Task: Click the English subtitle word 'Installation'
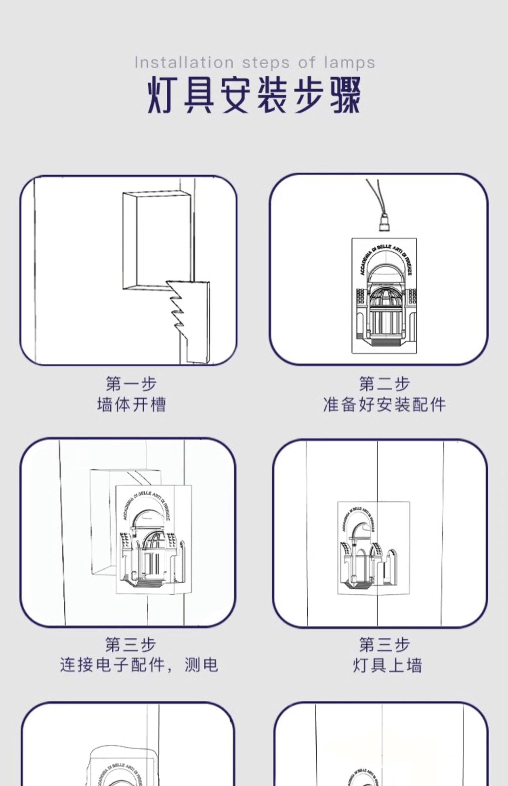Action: click(x=184, y=63)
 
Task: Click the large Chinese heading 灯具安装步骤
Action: click(x=254, y=95)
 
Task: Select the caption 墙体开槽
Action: click(x=132, y=405)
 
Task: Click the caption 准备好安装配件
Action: click(x=384, y=405)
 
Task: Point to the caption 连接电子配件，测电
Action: click(x=139, y=665)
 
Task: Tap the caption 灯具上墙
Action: click(x=387, y=665)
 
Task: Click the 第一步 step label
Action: click(x=132, y=384)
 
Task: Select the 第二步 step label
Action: click(x=384, y=384)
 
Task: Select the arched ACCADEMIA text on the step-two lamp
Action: click(x=385, y=256)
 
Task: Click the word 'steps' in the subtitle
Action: click(x=266, y=63)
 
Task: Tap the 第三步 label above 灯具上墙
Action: click(x=384, y=644)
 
